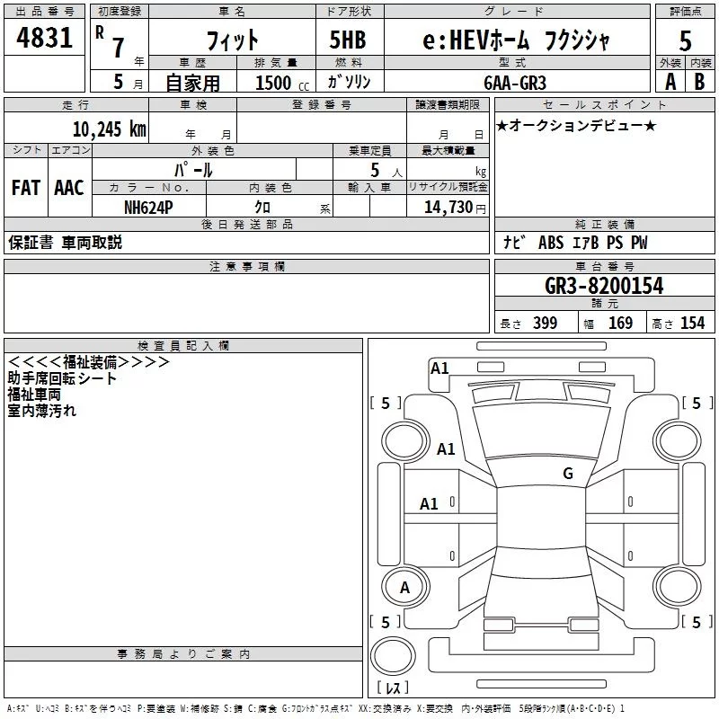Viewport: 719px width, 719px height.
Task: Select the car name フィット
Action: [232, 40]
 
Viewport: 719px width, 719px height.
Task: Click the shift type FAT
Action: [25, 188]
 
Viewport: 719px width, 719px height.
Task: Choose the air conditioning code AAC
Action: [69, 188]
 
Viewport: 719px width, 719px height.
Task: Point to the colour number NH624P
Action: [149, 207]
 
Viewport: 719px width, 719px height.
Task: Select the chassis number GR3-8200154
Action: [604, 286]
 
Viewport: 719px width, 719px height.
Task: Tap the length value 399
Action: [546, 323]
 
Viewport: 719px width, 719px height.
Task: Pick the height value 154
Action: [692, 323]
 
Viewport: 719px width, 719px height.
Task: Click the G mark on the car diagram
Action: [568, 473]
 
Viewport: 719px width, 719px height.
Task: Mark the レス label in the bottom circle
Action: [397, 688]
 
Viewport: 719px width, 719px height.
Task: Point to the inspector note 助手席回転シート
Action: [62, 378]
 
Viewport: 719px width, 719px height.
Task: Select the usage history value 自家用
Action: [192, 82]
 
